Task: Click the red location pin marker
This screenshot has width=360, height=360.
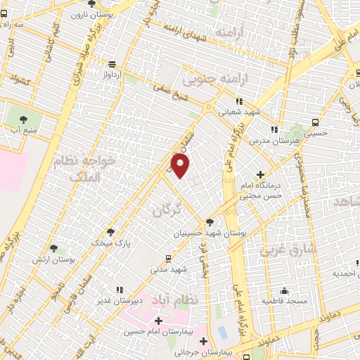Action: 181,166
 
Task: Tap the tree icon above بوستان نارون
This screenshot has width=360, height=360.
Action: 91,4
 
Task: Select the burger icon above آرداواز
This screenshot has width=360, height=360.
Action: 111,63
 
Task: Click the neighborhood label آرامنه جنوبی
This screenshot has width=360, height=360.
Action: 212,77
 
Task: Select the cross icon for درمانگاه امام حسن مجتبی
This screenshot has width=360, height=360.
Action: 261,174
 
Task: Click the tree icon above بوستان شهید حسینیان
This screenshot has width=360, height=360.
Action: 210,223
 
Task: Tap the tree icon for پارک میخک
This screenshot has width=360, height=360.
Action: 110,232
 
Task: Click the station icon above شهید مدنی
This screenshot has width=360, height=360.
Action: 167,258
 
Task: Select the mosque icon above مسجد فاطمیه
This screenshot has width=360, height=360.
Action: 284,290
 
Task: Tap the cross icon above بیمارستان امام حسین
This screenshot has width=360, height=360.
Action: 158,321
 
